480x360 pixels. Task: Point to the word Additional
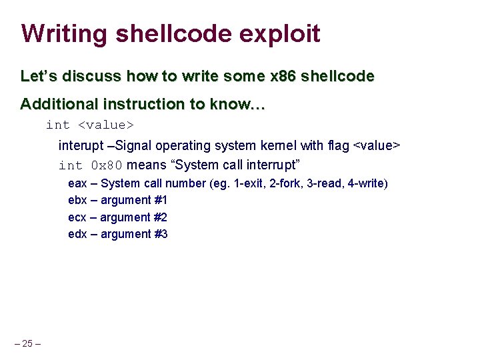coord(57,104)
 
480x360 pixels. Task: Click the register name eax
coord(77,183)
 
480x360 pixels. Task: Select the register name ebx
coord(77,200)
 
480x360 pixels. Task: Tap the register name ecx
coord(77,217)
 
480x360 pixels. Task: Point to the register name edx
coord(77,234)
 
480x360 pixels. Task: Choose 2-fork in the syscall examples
coord(281,183)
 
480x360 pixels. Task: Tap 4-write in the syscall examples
coord(365,183)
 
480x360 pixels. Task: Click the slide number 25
coord(27,344)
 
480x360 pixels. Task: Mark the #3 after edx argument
coord(161,234)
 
